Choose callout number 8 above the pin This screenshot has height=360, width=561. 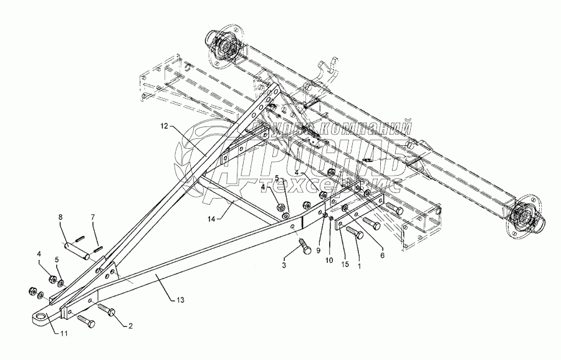tap(60, 217)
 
